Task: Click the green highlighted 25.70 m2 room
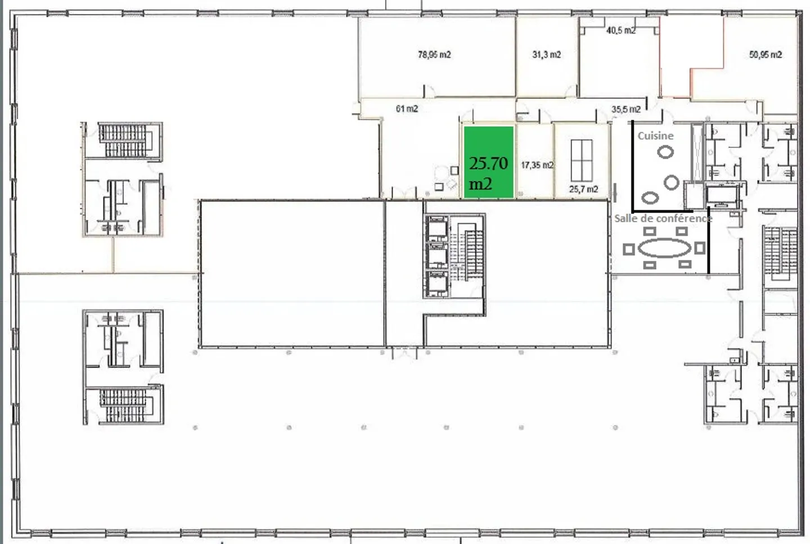[488, 163]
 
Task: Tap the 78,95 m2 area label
[434, 55]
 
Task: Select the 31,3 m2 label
[546, 55]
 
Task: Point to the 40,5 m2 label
[620, 30]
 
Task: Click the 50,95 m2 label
[765, 55]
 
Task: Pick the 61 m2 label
[407, 109]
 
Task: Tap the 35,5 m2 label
[625, 109]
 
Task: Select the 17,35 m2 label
[537, 165]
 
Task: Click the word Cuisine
[655, 136]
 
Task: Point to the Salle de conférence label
[663, 218]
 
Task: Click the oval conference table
[664, 248]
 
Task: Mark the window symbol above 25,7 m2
[581, 160]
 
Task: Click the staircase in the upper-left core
[123, 140]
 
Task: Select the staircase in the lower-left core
[123, 404]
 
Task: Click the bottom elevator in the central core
[436, 284]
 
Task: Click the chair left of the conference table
[629, 249]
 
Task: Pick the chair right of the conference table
[700, 248]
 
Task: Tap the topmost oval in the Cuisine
[665, 152]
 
